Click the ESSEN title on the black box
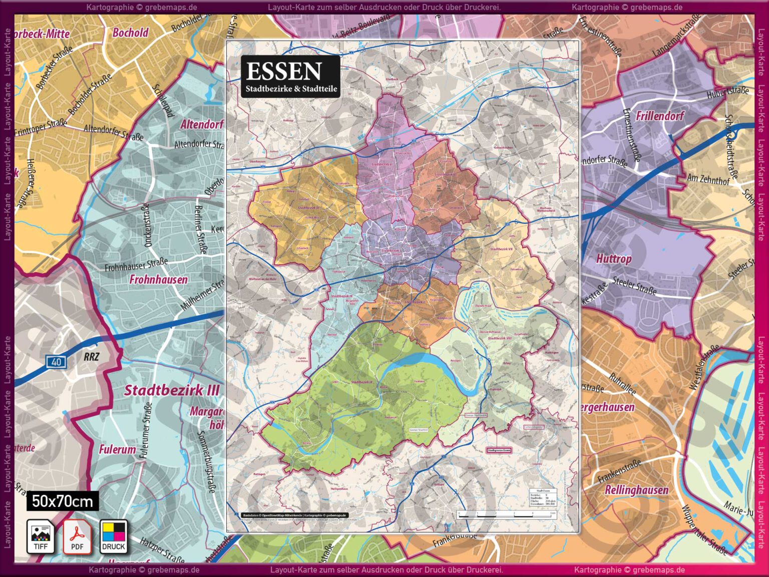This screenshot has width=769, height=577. (283, 72)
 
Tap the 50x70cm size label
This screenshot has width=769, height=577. (63, 501)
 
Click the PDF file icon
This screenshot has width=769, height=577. (77, 536)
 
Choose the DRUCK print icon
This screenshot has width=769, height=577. (114, 536)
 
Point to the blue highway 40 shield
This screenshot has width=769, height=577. (56, 362)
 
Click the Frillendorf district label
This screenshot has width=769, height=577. (659, 116)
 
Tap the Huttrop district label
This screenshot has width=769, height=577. (613, 259)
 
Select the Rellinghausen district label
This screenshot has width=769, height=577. (636, 490)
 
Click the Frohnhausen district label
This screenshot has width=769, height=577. (158, 279)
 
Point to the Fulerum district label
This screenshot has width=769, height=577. (117, 449)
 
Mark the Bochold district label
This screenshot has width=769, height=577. (130, 33)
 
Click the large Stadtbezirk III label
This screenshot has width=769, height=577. (172, 390)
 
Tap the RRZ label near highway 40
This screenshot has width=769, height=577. (91, 357)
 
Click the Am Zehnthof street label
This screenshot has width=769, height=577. (708, 179)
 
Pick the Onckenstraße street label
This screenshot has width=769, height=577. (147, 225)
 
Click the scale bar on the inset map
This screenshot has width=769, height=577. (506, 514)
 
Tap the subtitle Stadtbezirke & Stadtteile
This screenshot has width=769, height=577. (291, 89)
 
